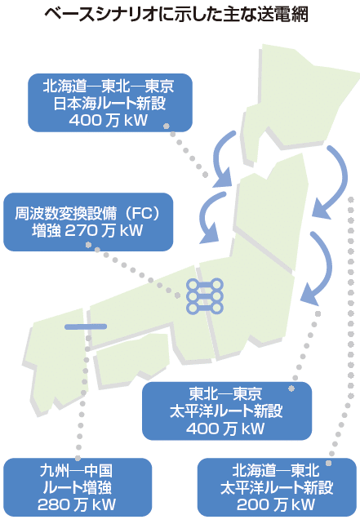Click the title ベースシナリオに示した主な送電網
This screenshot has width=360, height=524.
176,15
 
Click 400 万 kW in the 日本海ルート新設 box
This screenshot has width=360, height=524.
109,120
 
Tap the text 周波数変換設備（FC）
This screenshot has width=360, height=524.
88,213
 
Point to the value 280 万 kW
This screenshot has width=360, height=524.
77,504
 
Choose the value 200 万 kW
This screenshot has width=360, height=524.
276,504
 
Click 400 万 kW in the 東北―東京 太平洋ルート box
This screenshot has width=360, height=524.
225,429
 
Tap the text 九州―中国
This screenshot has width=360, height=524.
76,470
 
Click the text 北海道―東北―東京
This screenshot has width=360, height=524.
109,87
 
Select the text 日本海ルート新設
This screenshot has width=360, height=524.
109,103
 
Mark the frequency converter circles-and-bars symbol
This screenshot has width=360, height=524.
205,295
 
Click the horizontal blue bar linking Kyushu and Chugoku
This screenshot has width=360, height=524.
86,326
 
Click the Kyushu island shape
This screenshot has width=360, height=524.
57,361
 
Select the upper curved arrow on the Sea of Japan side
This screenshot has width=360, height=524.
224,157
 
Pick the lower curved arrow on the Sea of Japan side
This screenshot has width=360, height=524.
208,217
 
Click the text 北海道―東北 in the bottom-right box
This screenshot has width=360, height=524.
276,470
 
